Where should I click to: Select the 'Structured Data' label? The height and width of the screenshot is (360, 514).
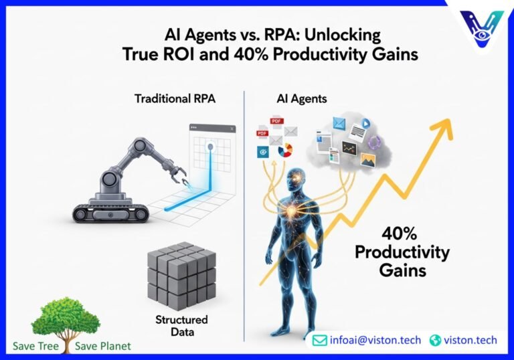tap(181, 326)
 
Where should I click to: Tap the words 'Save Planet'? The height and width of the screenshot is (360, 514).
tap(103, 346)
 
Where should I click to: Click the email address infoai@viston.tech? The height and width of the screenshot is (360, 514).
tap(375, 340)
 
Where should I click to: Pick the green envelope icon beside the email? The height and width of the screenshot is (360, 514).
tap(320, 340)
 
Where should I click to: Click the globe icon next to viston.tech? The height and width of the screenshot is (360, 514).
tap(436, 340)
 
